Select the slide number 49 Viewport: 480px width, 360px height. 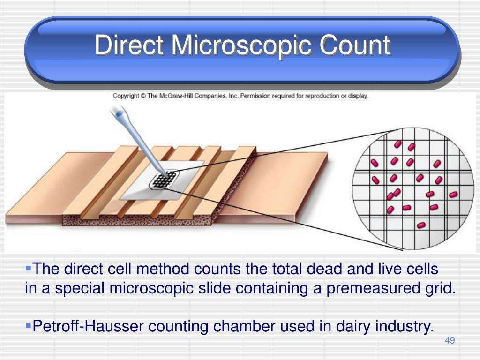[450, 340]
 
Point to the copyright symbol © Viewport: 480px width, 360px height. [143, 96]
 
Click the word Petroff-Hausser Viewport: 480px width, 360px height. [88, 326]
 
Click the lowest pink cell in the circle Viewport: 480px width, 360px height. [421, 225]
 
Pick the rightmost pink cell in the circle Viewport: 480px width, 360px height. [453, 195]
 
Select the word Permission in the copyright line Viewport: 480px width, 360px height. [255, 96]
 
